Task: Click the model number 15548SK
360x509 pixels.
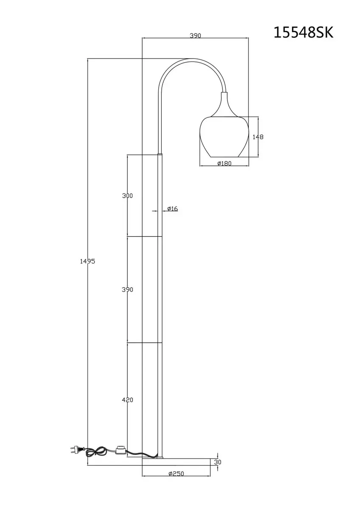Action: click(303, 33)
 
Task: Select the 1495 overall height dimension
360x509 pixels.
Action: click(87, 261)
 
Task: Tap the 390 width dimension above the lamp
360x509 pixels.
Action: click(196, 36)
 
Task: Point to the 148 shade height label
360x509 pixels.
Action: click(258, 137)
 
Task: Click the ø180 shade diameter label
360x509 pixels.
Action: click(224, 163)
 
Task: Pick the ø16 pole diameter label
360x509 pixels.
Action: click(172, 209)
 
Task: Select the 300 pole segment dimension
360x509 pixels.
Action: click(127, 196)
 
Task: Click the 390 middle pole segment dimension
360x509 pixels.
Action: click(127, 290)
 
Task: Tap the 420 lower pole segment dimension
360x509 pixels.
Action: click(127, 400)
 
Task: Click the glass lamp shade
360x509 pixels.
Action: click(224, 137)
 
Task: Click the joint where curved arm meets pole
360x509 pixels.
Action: click(160, 154)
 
